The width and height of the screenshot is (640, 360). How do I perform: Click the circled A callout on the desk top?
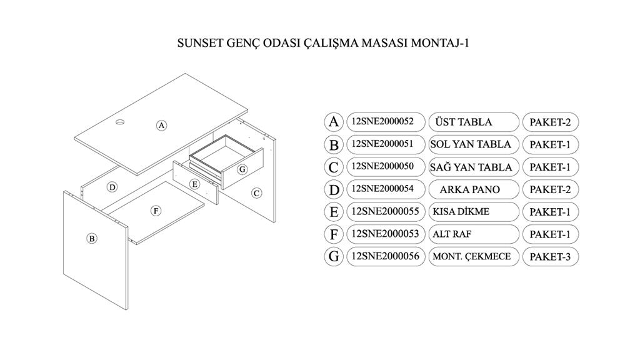161,125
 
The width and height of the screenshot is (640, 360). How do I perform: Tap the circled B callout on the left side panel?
91,238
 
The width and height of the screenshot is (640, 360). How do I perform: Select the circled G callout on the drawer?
242,169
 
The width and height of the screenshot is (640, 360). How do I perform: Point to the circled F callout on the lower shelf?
156,211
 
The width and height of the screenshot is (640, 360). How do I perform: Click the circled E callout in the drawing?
195,184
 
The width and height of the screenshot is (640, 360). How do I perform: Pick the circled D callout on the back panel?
112,187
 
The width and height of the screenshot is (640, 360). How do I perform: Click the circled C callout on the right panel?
256,193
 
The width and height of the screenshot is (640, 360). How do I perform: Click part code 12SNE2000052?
386,121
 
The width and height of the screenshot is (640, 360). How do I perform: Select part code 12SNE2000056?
386,256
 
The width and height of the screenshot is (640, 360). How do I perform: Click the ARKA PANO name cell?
474,189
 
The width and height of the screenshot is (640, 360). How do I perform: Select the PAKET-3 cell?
550,257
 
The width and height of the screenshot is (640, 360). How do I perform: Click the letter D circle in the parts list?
334,189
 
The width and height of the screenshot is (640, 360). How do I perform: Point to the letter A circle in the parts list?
334,121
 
